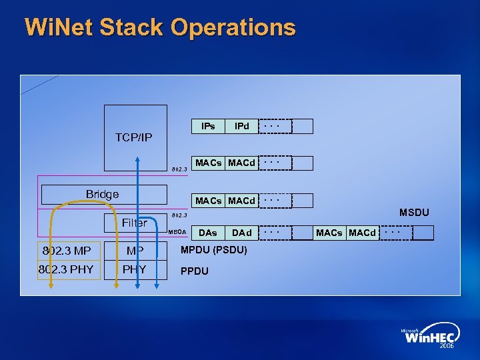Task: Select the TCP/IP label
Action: (x=133, y=138)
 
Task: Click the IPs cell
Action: (x=208, y=126)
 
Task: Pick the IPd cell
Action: (x=241, y=126)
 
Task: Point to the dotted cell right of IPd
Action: (x=275, y=126)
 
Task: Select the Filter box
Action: (x=135, y=223)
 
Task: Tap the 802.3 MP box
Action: (x=66, y=251)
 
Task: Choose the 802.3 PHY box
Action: (x=66, y=270)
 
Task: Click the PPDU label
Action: (x=195, y=271)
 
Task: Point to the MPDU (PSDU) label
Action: (x=214, y=251)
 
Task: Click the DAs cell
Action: (x=208, y=233)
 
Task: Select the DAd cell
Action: (x=241, y=233)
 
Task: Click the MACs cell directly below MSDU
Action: (x=329, y=233)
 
